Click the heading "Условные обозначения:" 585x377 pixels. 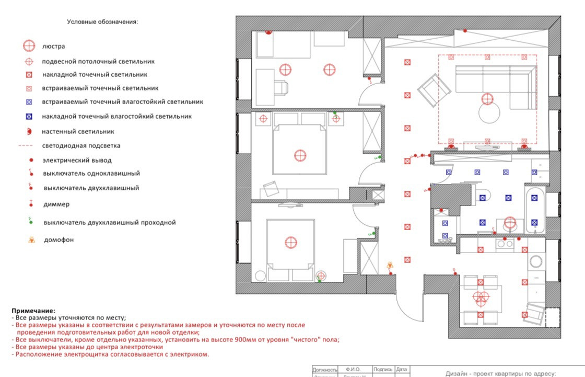102,22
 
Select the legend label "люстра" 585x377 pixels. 54,46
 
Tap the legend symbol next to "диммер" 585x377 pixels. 30,203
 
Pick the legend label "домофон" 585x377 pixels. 58,240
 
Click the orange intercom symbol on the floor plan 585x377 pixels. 389,266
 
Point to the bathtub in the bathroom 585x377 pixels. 534,209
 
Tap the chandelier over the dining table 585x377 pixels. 480,298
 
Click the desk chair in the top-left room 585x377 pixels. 282,87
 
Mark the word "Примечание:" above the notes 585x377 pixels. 33,311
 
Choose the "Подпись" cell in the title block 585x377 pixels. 383,369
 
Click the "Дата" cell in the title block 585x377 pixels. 402,369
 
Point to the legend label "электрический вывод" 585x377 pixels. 77,160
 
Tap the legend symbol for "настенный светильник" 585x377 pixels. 30,131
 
